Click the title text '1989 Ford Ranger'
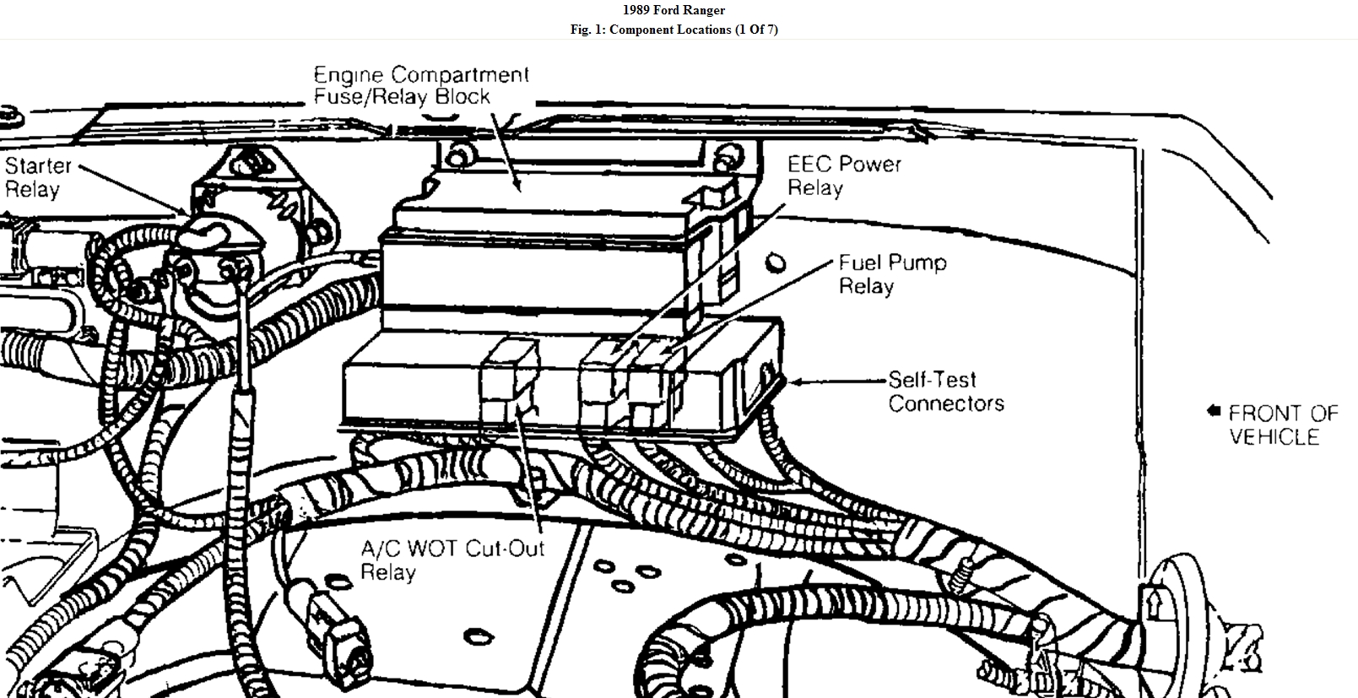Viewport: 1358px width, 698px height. [674, 10]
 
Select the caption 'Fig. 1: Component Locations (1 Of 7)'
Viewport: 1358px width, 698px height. [674, 30]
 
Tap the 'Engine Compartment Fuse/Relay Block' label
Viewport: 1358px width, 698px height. [420, 85]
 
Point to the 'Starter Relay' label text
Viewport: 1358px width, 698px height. [37, 177]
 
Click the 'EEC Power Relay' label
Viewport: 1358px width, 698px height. [843, 176]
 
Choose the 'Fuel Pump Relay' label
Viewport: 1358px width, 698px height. [891, 274]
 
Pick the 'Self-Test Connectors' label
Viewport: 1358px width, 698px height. [945, 392]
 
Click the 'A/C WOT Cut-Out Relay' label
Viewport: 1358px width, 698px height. [452, 560]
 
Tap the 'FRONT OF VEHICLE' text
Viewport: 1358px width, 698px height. [1282, 425]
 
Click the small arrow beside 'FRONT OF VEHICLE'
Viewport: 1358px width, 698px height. [1214, 411]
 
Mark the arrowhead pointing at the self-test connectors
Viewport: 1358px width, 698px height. [794, 381]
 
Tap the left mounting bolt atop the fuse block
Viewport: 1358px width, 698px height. [458, 155]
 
